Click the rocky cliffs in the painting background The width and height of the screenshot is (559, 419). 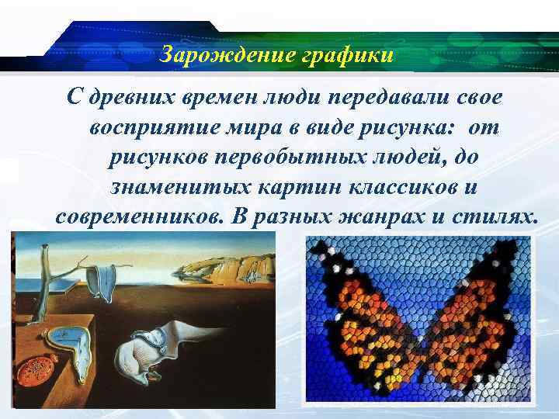pyautogui.click(x=229, y=268)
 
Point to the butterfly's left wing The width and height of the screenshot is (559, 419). pyautogui.click(x=365, y=318)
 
